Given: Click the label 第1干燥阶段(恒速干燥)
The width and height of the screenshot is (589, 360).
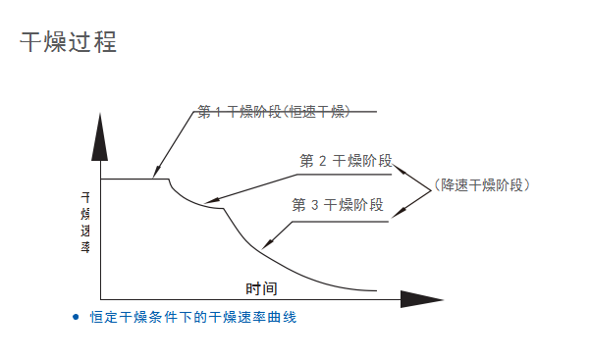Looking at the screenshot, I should (x=274, y=111).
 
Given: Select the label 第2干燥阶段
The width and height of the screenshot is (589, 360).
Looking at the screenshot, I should (x=346, y=161).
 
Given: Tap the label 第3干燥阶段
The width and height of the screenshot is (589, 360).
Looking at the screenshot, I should (x=337, y=205).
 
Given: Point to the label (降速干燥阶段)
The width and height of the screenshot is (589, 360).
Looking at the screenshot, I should (x=482, y=183).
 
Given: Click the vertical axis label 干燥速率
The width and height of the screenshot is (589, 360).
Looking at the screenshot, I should (x=85, y=222).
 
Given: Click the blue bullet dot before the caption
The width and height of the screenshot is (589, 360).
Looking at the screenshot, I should (x=76, y=317).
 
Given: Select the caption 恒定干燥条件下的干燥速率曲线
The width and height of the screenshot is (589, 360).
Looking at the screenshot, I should (x=193, y=317).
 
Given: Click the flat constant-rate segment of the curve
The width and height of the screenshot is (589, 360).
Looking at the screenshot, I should (x=133, y=179).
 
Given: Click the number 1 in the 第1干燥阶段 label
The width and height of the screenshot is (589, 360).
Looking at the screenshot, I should (x=218, y=111).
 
